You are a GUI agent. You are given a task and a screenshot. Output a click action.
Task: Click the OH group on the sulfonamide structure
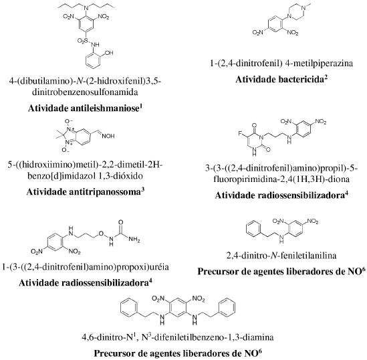coord(109,53)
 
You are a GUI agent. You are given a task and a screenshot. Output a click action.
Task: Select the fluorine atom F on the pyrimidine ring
coord(240,134)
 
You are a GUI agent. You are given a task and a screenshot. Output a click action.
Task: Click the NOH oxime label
coord(108,136)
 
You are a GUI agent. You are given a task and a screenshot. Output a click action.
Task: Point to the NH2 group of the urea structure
coord(134,240)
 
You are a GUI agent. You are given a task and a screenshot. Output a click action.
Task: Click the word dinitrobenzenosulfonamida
coord(85,92)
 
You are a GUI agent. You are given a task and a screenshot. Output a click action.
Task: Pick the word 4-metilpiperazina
coord(319,64)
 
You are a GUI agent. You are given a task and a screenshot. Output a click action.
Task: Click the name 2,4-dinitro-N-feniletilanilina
coord(281,256)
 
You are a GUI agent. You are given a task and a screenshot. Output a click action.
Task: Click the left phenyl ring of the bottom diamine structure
coord(130,307)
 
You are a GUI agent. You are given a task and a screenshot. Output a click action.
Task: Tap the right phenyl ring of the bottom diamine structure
coord(226,307)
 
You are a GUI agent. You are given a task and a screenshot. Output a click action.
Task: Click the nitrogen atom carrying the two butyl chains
coord(86,8)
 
